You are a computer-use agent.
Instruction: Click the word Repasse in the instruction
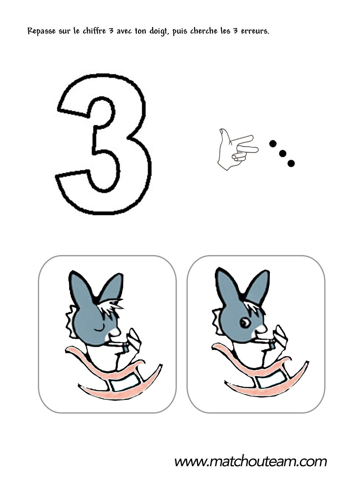click(x=42, y=31)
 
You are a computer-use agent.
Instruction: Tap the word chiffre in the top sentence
click(x=94, y=31)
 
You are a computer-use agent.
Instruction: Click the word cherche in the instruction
click(x=204, y=31)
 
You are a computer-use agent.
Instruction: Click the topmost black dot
click(x=273, y=144)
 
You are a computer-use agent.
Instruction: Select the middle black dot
click(x=282, y=153)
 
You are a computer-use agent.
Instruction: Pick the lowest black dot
click(x=291, y=163)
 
